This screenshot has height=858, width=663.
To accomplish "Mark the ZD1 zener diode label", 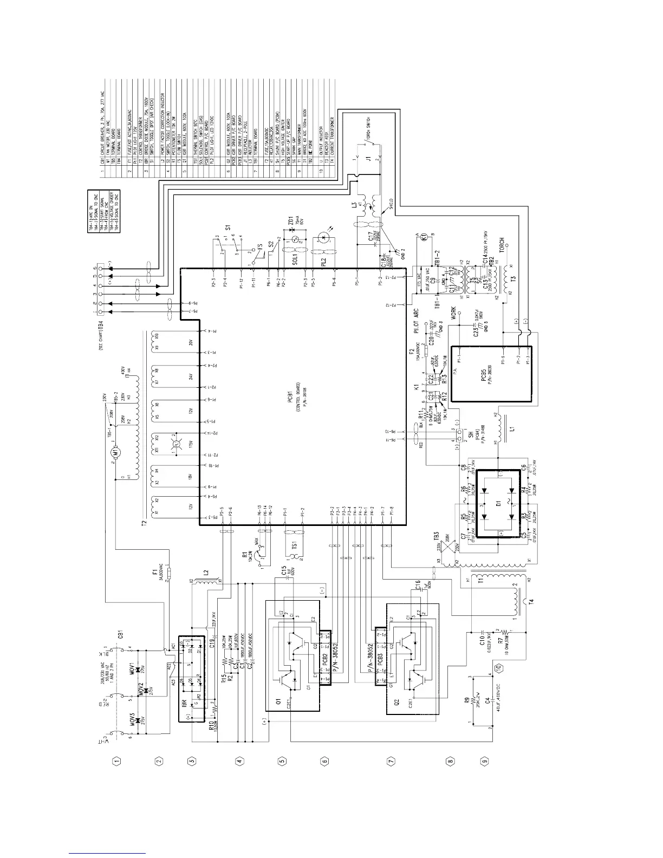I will pyautogui.click(x=290, y=222).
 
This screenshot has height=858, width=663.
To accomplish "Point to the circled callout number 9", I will pyautogui.click(x=484, y=760).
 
